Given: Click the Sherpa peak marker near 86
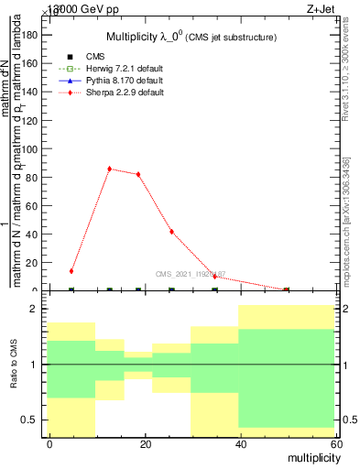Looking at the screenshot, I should pos(109,169).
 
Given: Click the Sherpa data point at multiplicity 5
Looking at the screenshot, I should pos(71,271).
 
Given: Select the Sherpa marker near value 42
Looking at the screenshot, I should pos(171,232).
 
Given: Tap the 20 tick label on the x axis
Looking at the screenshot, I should pos(145,443).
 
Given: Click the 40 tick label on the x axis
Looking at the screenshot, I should pos(239,443).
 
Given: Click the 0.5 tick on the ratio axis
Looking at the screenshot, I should pos(29,420).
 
